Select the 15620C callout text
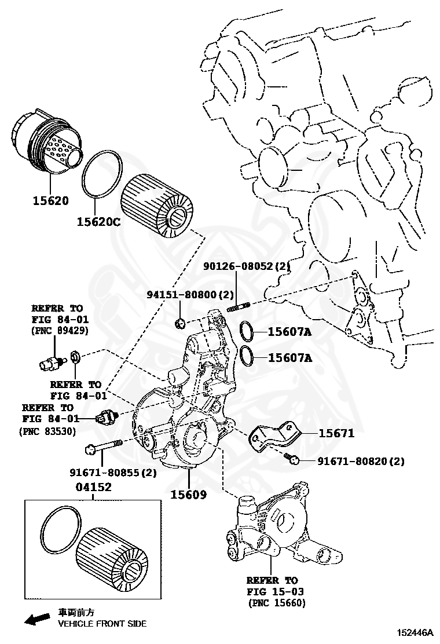point(98,221)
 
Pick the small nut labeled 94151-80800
point(180,321)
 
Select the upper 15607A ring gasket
point(246,332)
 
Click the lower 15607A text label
point(289,357)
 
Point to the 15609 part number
point(188,495)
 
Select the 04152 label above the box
point(93,487)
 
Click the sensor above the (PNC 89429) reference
point(50,363)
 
